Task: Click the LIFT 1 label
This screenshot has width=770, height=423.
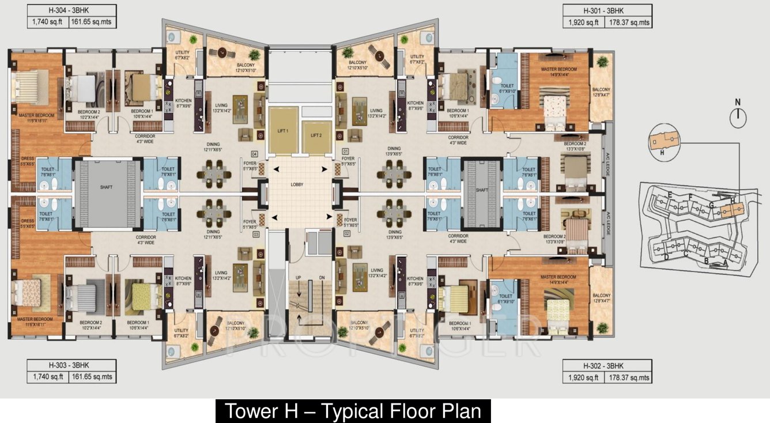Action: click(282, 131)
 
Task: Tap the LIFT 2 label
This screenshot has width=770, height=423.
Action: click(315, 135)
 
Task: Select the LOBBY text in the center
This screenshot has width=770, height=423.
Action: click(297, 184)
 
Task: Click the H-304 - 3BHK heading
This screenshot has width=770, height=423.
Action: click(61, 10)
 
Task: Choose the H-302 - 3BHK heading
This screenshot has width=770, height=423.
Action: click(607, 365)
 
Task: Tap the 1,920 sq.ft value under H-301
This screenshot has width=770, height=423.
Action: click(583, 22)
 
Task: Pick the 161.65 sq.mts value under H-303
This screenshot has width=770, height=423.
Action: click(92, 377)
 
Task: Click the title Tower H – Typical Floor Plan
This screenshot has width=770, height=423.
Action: click(353, 411)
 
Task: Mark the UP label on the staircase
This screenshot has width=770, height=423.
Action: click(299, 278)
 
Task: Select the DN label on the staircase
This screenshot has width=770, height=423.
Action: click(322, 278)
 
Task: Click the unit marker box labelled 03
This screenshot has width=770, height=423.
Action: click(255, 235)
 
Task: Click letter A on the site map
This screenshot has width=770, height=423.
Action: click(724, 261)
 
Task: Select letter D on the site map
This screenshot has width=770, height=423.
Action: click(666, 257)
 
